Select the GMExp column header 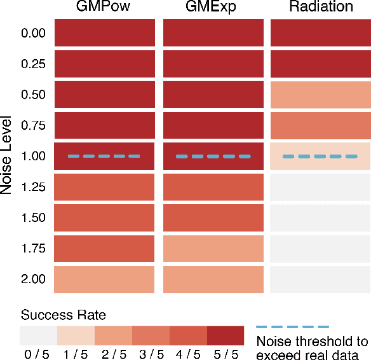click(x=213, y=7)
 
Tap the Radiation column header click(x=321, y=7)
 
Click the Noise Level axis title click(x=7, y=156)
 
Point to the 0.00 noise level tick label click(x=33, y=33)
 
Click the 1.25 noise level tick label click(x=33, y=187)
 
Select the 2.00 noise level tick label click(x=33, y=279)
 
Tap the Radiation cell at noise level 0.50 click(x=321, y=94)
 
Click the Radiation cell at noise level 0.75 click(x=321, y=125)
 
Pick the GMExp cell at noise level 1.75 click(x=213, y=249)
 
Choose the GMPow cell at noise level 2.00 click(x=104, y=279)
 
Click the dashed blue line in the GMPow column click(x=104, y=156)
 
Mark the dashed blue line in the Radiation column click(x=321, y=156)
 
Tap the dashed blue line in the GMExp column click(x=213, y=156)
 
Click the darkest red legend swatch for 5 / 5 click(x=226, y=335)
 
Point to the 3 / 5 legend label click(x=151, y=354)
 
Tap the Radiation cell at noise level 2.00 click(x=321, y=279)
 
